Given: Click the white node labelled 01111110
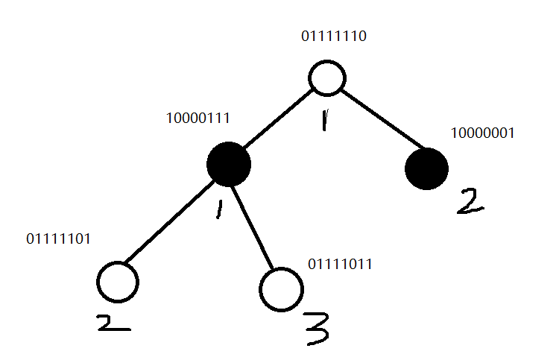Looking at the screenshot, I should click(x=326, y=78).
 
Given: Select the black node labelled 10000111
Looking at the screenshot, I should click(x=229, y=164).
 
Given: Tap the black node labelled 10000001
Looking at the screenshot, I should click(x=426, y=168).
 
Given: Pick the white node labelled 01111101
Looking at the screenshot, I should click(x=118, y=282).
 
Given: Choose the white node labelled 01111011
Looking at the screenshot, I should click(x=282, y=288).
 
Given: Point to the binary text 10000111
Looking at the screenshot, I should click(x=198, y=119).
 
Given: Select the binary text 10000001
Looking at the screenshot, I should click(x=483, y=133).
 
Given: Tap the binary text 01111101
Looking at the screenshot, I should click(x=58, y=239).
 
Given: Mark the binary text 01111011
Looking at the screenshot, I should click(x=340, y=264).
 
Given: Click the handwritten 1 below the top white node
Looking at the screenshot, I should click(x=323, y=119).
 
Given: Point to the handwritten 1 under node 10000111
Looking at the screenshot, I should click(x=220, y=209).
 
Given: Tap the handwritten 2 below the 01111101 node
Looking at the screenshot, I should click(x=113, y=322).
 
